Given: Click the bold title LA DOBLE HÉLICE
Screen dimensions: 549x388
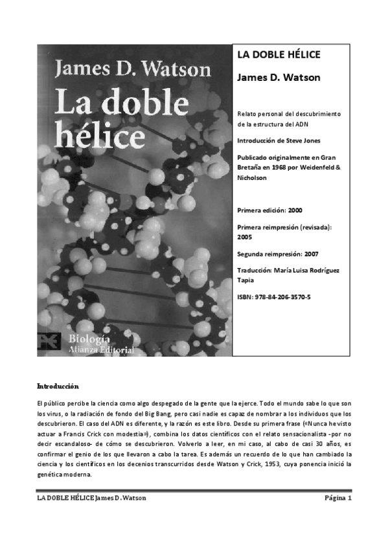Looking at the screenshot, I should pyautogui.click(x=279, y=55).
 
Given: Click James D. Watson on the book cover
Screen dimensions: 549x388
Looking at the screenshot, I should pyautogui.click(x=133, y=69).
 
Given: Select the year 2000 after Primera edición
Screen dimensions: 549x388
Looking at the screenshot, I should pyautogui.click(x=294, y=210).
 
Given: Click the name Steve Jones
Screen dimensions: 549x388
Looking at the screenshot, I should pyautogui.click(x=305, y=140).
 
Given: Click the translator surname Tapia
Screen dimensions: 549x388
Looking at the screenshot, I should pyautogui.click(x=246, y=280).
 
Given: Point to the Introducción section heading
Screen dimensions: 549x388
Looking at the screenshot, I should pyautogui.click(x=57, y=385).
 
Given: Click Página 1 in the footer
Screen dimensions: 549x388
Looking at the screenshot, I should pyautogui.click(x=337, y=498).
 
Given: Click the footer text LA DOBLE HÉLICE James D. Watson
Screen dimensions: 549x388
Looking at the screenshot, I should pyautogui.click(x=91, y=498).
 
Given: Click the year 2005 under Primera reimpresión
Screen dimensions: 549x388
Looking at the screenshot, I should pyautogui.click(x=245, y=237).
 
